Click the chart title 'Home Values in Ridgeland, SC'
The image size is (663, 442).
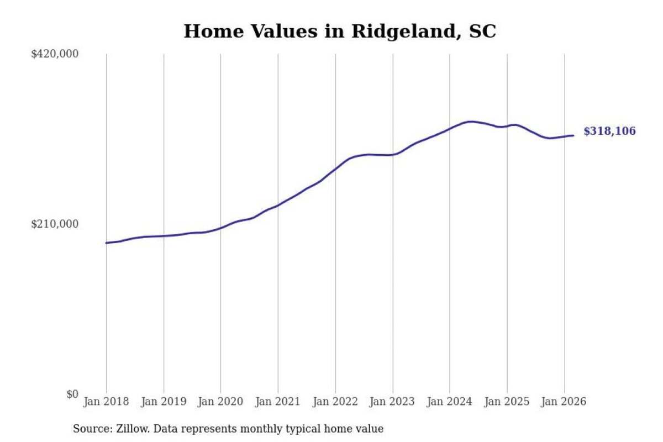click(x=339, y=31)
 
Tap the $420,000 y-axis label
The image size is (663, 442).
click(x=55, y=54)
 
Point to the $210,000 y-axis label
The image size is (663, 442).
click(x=55, y=224)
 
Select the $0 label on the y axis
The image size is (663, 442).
click(x=72, y=394)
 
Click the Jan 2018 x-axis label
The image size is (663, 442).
click(x=106, y=402)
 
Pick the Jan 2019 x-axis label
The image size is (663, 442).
click(x=164, y=402)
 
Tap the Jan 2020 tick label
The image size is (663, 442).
click(x=220, y=402)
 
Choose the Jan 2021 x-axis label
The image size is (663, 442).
click(x=278, y=402)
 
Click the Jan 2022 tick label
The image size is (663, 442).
click(x=335, y=402)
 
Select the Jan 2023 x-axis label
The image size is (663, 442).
click(x=393, y=402)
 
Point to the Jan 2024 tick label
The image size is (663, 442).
click(x=450, y=402)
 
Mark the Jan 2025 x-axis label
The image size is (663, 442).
click(x=507, y=402)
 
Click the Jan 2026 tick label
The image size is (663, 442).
click(x=564, y=402)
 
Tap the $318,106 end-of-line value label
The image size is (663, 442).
click(x=610, y=131)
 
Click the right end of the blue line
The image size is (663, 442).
click(x=573, y=135)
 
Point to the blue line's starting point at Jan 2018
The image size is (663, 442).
click(x=106, y=243)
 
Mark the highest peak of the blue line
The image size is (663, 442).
click(x=471, y=122)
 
